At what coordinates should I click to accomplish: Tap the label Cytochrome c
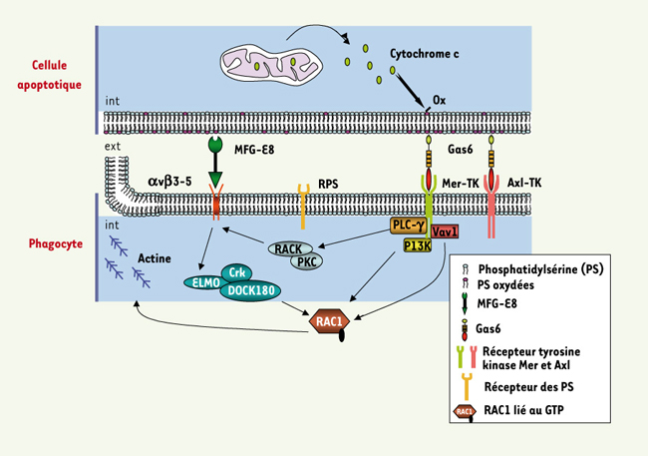[x=431, y=55]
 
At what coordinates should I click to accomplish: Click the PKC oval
[x=308, y=261]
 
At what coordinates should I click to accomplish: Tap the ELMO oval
[x=203, y=282]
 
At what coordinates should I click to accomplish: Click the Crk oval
[x=237, y=271]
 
